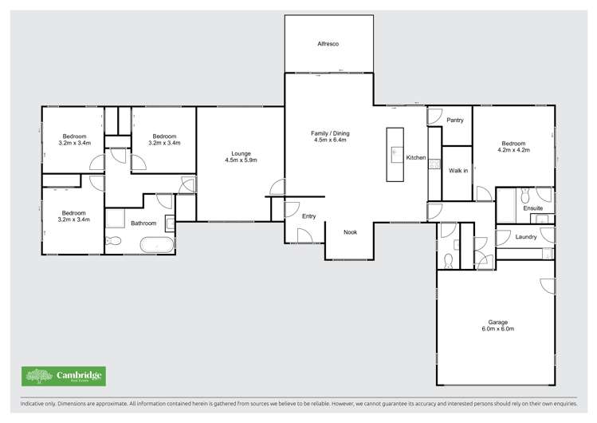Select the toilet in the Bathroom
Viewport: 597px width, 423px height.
(x=113, y=240)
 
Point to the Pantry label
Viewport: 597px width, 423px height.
(x=455, y=120)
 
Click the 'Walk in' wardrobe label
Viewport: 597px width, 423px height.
(x=458, y=170)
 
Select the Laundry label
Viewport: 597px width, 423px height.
(x=525, y=236)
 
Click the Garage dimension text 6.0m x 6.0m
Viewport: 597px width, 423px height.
(x=498, y=329)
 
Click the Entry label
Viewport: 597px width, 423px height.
(x=308, y=216)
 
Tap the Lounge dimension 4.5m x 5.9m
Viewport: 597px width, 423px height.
(x=241, y=160)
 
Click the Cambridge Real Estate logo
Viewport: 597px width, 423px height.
(x=63, y=376)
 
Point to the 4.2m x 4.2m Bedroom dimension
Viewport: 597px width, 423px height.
(x=513, y=149)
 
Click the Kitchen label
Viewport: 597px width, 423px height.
(x=416, y=158)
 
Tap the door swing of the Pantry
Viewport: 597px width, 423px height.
(x=434, y=117)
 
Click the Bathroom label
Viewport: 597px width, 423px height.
(x=143, y=223)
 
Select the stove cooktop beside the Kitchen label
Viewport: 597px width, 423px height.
(x=434, y=165)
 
